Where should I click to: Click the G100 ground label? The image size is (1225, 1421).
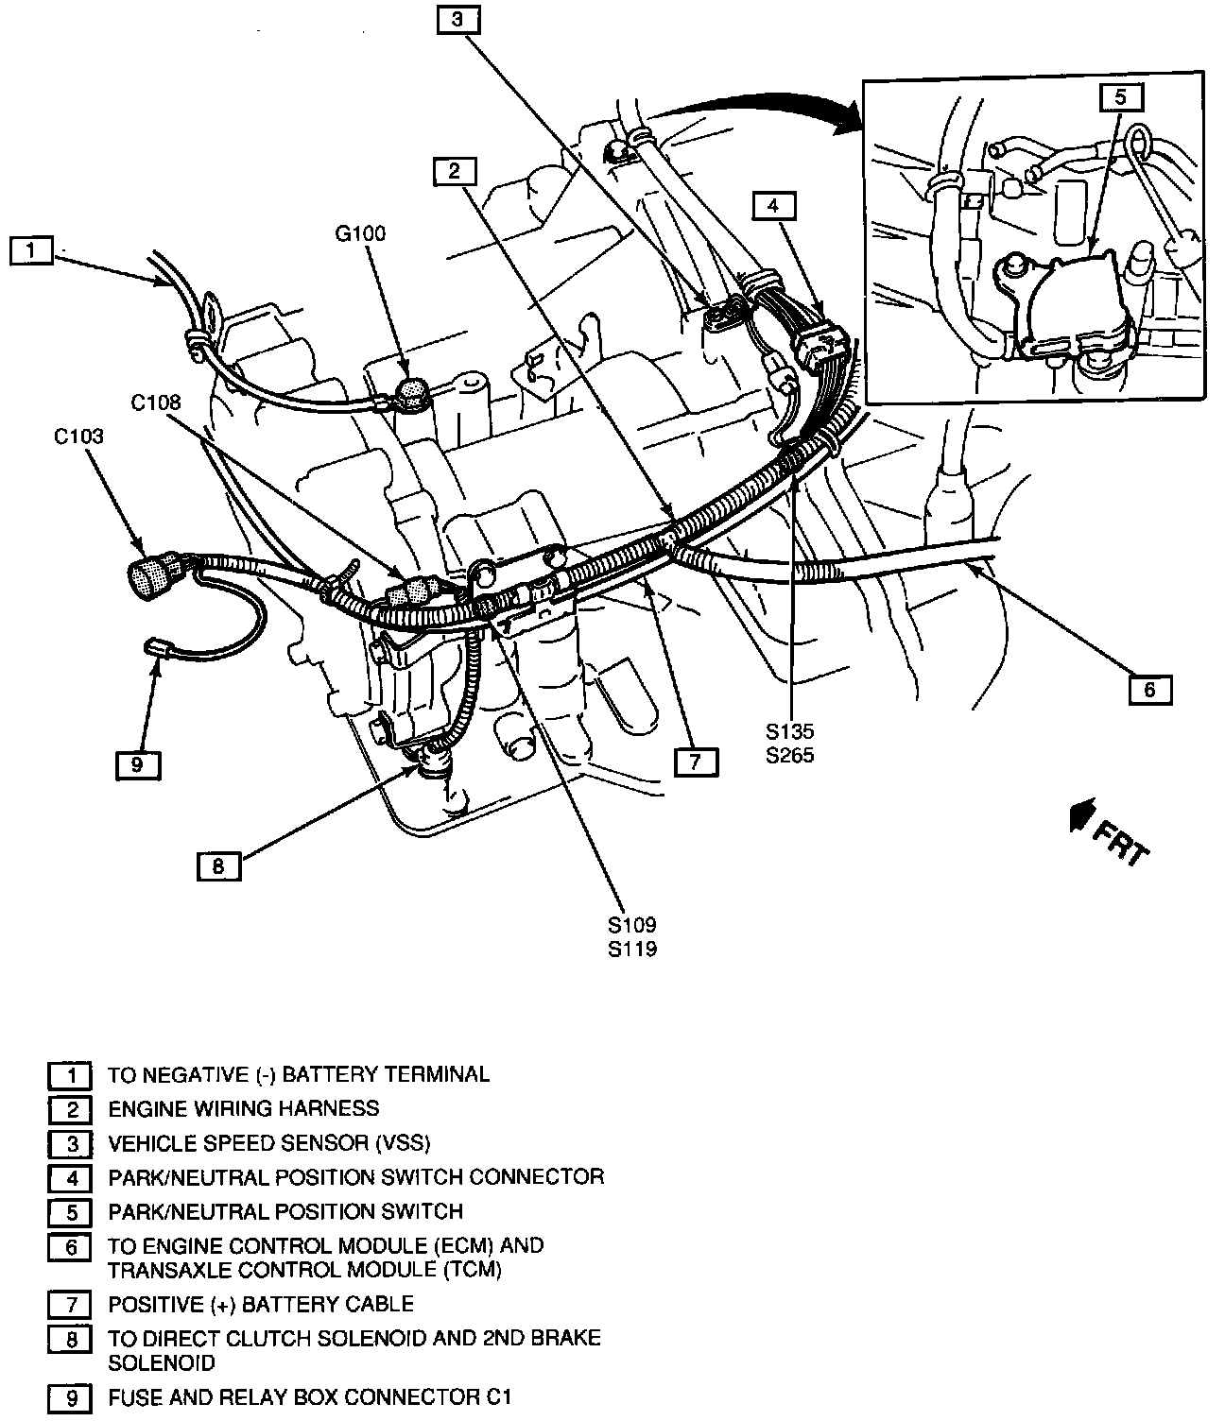pyautogui.click(x=360, y=233)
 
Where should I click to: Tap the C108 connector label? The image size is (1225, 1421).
pyautogui.click(x=156, y=402)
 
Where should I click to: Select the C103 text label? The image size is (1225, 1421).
pyautogui.click(x=78, y=437)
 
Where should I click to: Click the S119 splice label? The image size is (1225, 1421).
pyautogui.click(x=632, y=949)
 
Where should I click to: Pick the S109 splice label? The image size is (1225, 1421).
pyautogui.click(x=632, y=925)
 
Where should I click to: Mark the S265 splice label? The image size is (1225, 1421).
pyautogui.click(x=789, y=755)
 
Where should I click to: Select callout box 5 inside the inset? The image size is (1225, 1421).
pyautogui.click(x=1120, y=97)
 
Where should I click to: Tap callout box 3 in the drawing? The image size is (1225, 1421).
pyautogui.click(x=458, y=20)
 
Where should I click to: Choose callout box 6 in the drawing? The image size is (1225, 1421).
pyautogui.click(x=1150, y=690)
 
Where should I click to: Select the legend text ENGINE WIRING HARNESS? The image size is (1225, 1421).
pyautogui.click(x=244, y=1109)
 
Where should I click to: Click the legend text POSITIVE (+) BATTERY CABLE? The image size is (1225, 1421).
pyautogui.click(x=261, y=1304)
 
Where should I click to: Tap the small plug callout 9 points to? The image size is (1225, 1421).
pyautogui.click(x=154, y=647)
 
